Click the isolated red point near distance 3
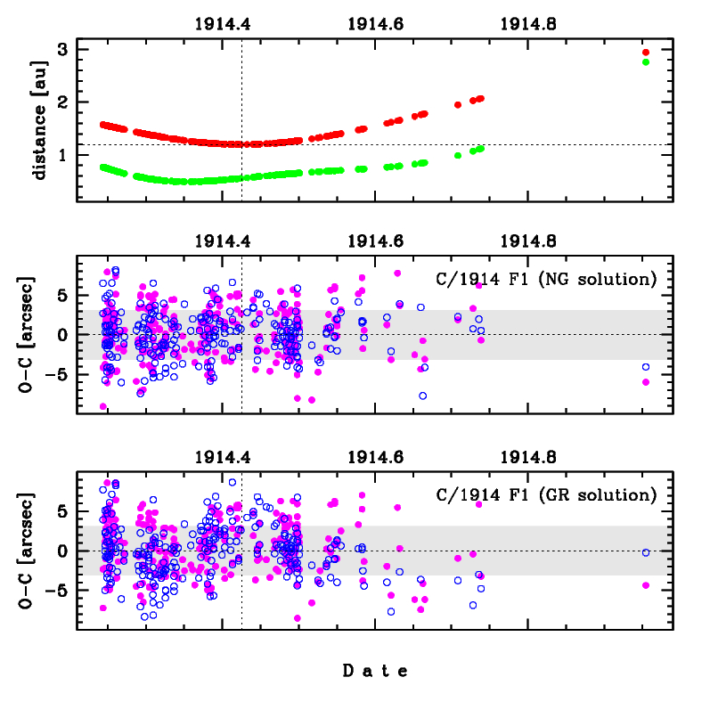(x=646, y=53)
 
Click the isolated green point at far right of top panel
(x=646, y=62)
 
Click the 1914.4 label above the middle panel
(x=223, y=241)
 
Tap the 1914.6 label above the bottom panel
(x=375, y=457)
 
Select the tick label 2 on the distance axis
(x=62, y=102)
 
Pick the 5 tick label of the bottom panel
(x=62, y=511)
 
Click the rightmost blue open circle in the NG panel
(x=646, y=367)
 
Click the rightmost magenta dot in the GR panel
(x=646, y=585)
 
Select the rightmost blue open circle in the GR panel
(x=646, y=552)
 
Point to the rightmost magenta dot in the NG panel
(x=646, y=382)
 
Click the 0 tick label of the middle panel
(x=62, y=335)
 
